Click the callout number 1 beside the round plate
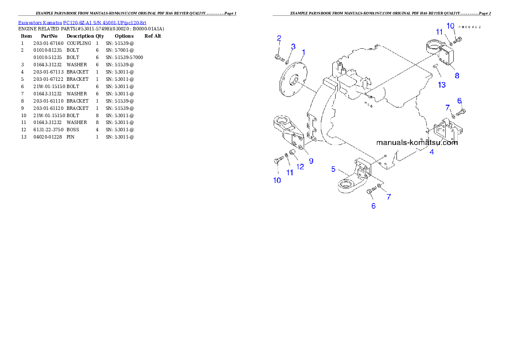coord(303,53)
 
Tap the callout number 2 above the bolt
coord(279,38)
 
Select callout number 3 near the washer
coord(293,46)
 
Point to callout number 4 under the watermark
coord(432,152)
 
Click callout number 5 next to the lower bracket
coord(334,169)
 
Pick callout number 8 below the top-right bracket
coord(457,76)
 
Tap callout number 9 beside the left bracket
coord(311,161)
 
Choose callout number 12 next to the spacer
coord(300,167)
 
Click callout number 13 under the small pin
coord(441,85)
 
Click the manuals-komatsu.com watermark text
coord(417,142)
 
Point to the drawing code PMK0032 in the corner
coord(469,27)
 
